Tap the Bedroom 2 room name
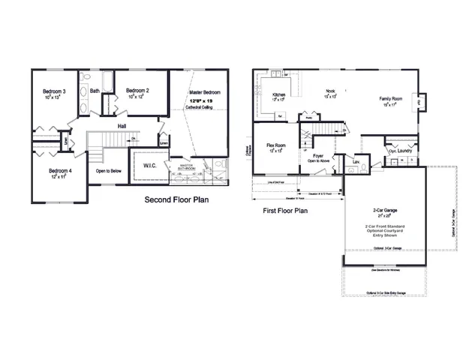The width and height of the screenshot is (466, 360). (137, 91)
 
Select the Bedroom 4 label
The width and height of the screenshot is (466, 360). (60, 171)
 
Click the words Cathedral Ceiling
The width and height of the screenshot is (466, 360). (203, 108)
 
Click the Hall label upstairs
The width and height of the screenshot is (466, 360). (122, 126)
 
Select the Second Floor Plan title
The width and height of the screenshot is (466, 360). (176, 200)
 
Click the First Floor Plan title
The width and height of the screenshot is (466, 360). (285, 211)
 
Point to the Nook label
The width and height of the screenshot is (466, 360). (330, 91)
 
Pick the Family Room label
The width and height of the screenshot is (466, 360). (392, 99)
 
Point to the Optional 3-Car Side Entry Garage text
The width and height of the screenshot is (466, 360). (386, 292)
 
